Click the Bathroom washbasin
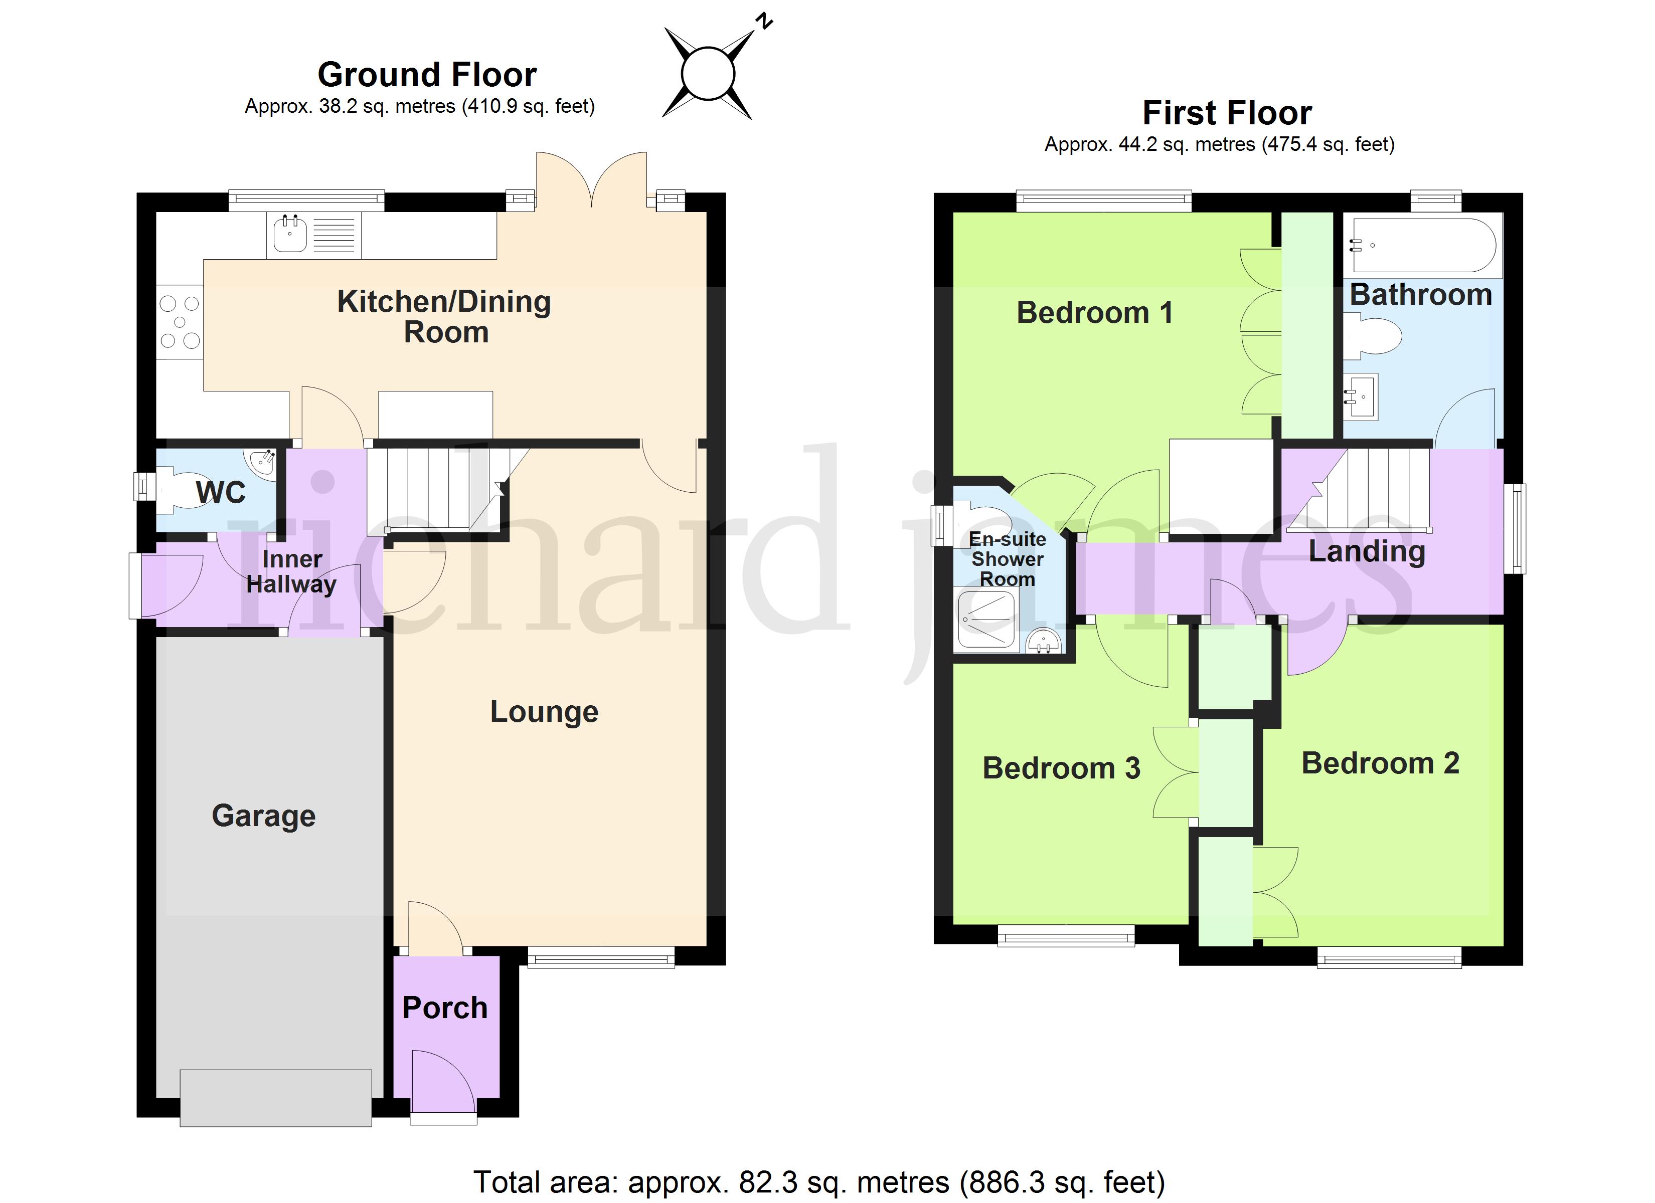click(x=1361, y=397)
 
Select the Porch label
click(x=445, y=1008)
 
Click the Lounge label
click(x=544, y=712)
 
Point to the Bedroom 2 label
click(x=1381, y=763)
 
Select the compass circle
click(x=707, y=73)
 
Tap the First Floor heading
click(x=1227, y=113)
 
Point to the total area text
click(x=819, y=1182)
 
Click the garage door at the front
click(x=276, y=1098)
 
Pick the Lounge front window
click(x=601, y=958)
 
